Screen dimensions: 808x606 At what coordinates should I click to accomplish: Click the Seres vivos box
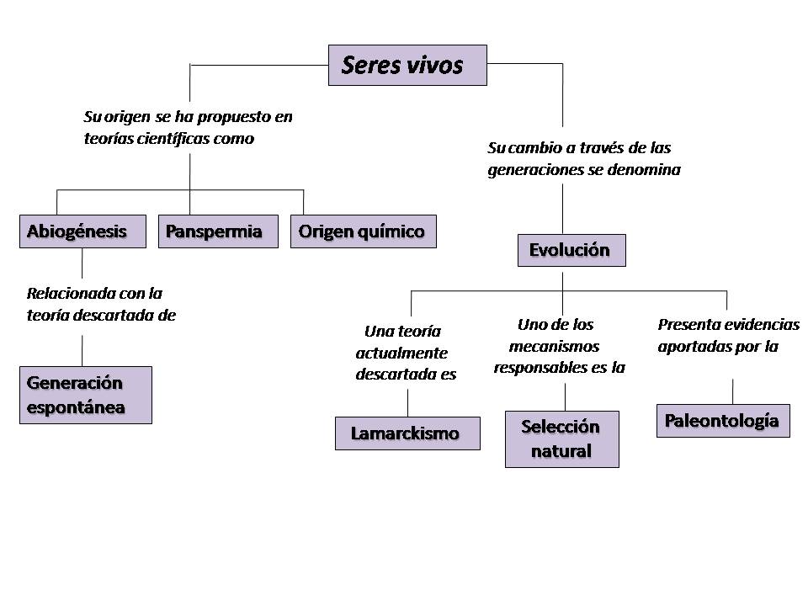407,65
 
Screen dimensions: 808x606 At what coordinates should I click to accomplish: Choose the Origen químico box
364,231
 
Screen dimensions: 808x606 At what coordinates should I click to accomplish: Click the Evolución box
571,250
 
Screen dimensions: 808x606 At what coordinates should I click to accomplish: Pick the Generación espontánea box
87,395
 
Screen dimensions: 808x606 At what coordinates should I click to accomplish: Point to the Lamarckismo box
407,433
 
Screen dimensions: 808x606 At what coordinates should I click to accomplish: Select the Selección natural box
561,439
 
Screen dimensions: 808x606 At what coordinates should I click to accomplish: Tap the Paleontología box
722,421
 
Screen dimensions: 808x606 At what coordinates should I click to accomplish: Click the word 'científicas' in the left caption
169,139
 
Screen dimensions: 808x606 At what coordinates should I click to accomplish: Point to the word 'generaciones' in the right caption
534,169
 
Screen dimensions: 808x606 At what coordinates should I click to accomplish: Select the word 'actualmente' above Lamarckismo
401,353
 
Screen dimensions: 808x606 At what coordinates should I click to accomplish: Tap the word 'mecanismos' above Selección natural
554,346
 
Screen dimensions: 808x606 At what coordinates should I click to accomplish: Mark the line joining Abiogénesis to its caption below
82,263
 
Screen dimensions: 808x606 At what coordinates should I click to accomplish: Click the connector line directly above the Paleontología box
732,391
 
